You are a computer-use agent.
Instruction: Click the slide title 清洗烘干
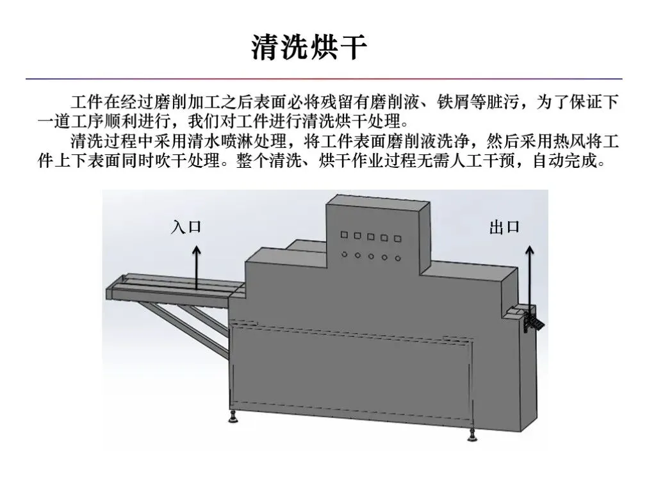(309, 48)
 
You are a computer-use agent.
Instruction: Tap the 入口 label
(186, 227)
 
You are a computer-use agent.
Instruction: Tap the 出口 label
(504, 227)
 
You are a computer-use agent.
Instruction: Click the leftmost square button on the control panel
(344, 236)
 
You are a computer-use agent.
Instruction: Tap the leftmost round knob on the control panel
(344, 254)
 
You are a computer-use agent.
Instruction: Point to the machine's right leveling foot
(472, 436)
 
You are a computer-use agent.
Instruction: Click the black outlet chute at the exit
(531, 320)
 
